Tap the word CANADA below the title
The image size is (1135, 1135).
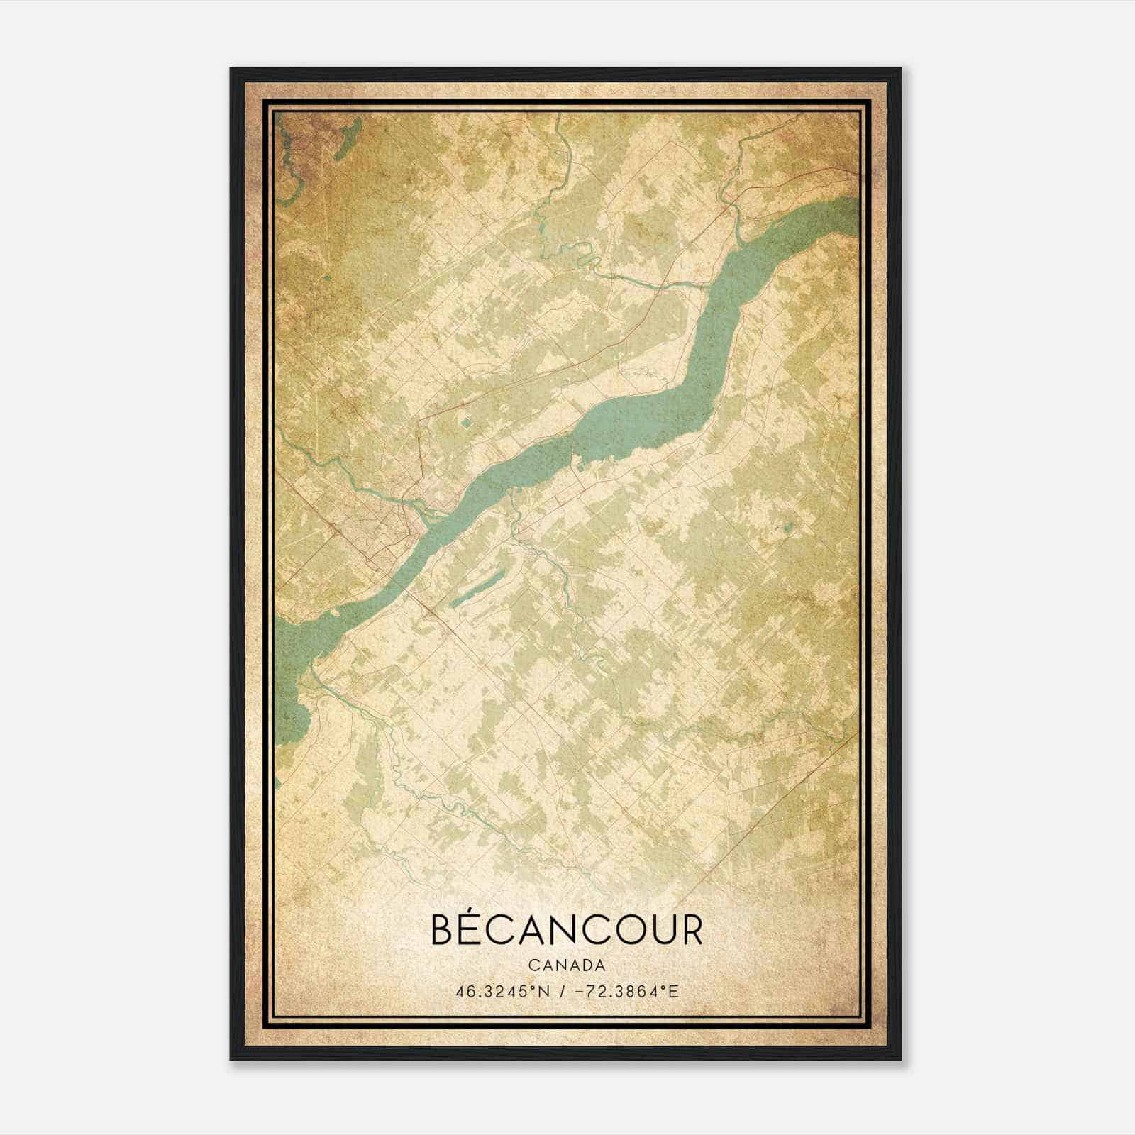pyautogui.click(x=566, y=965)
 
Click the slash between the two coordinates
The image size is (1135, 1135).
pyautogui.click(x=562, y=991)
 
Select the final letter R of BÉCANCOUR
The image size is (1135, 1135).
pyautogui.click(x=690, y=931)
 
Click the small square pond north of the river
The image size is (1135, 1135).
pyautogui.click(x=466, y=423)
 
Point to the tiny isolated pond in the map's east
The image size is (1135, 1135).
pyautogui.click(x=788, y=528)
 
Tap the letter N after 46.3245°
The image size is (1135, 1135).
pyautogui.click(x=544, y=991)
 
